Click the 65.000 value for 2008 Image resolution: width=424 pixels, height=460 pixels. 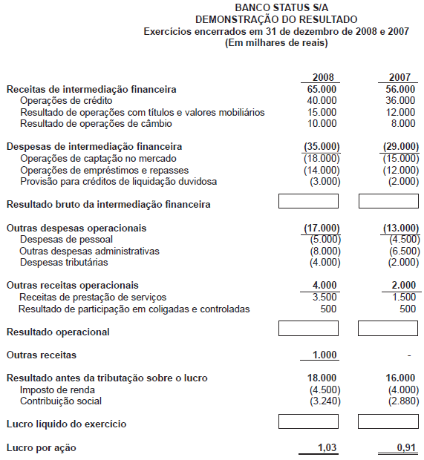coord(322,89)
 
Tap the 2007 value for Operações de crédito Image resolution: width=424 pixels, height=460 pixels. coord(401,100)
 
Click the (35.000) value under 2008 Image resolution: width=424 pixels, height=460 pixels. coord(321,147)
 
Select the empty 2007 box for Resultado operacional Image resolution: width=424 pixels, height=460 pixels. coord(388,329)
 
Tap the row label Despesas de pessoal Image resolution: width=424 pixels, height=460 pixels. coord(67,240)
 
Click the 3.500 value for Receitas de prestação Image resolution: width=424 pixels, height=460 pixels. coord(324,298)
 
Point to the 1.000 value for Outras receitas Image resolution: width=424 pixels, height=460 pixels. coord(324,355)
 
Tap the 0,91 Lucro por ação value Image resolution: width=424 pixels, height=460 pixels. coord(405,447)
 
